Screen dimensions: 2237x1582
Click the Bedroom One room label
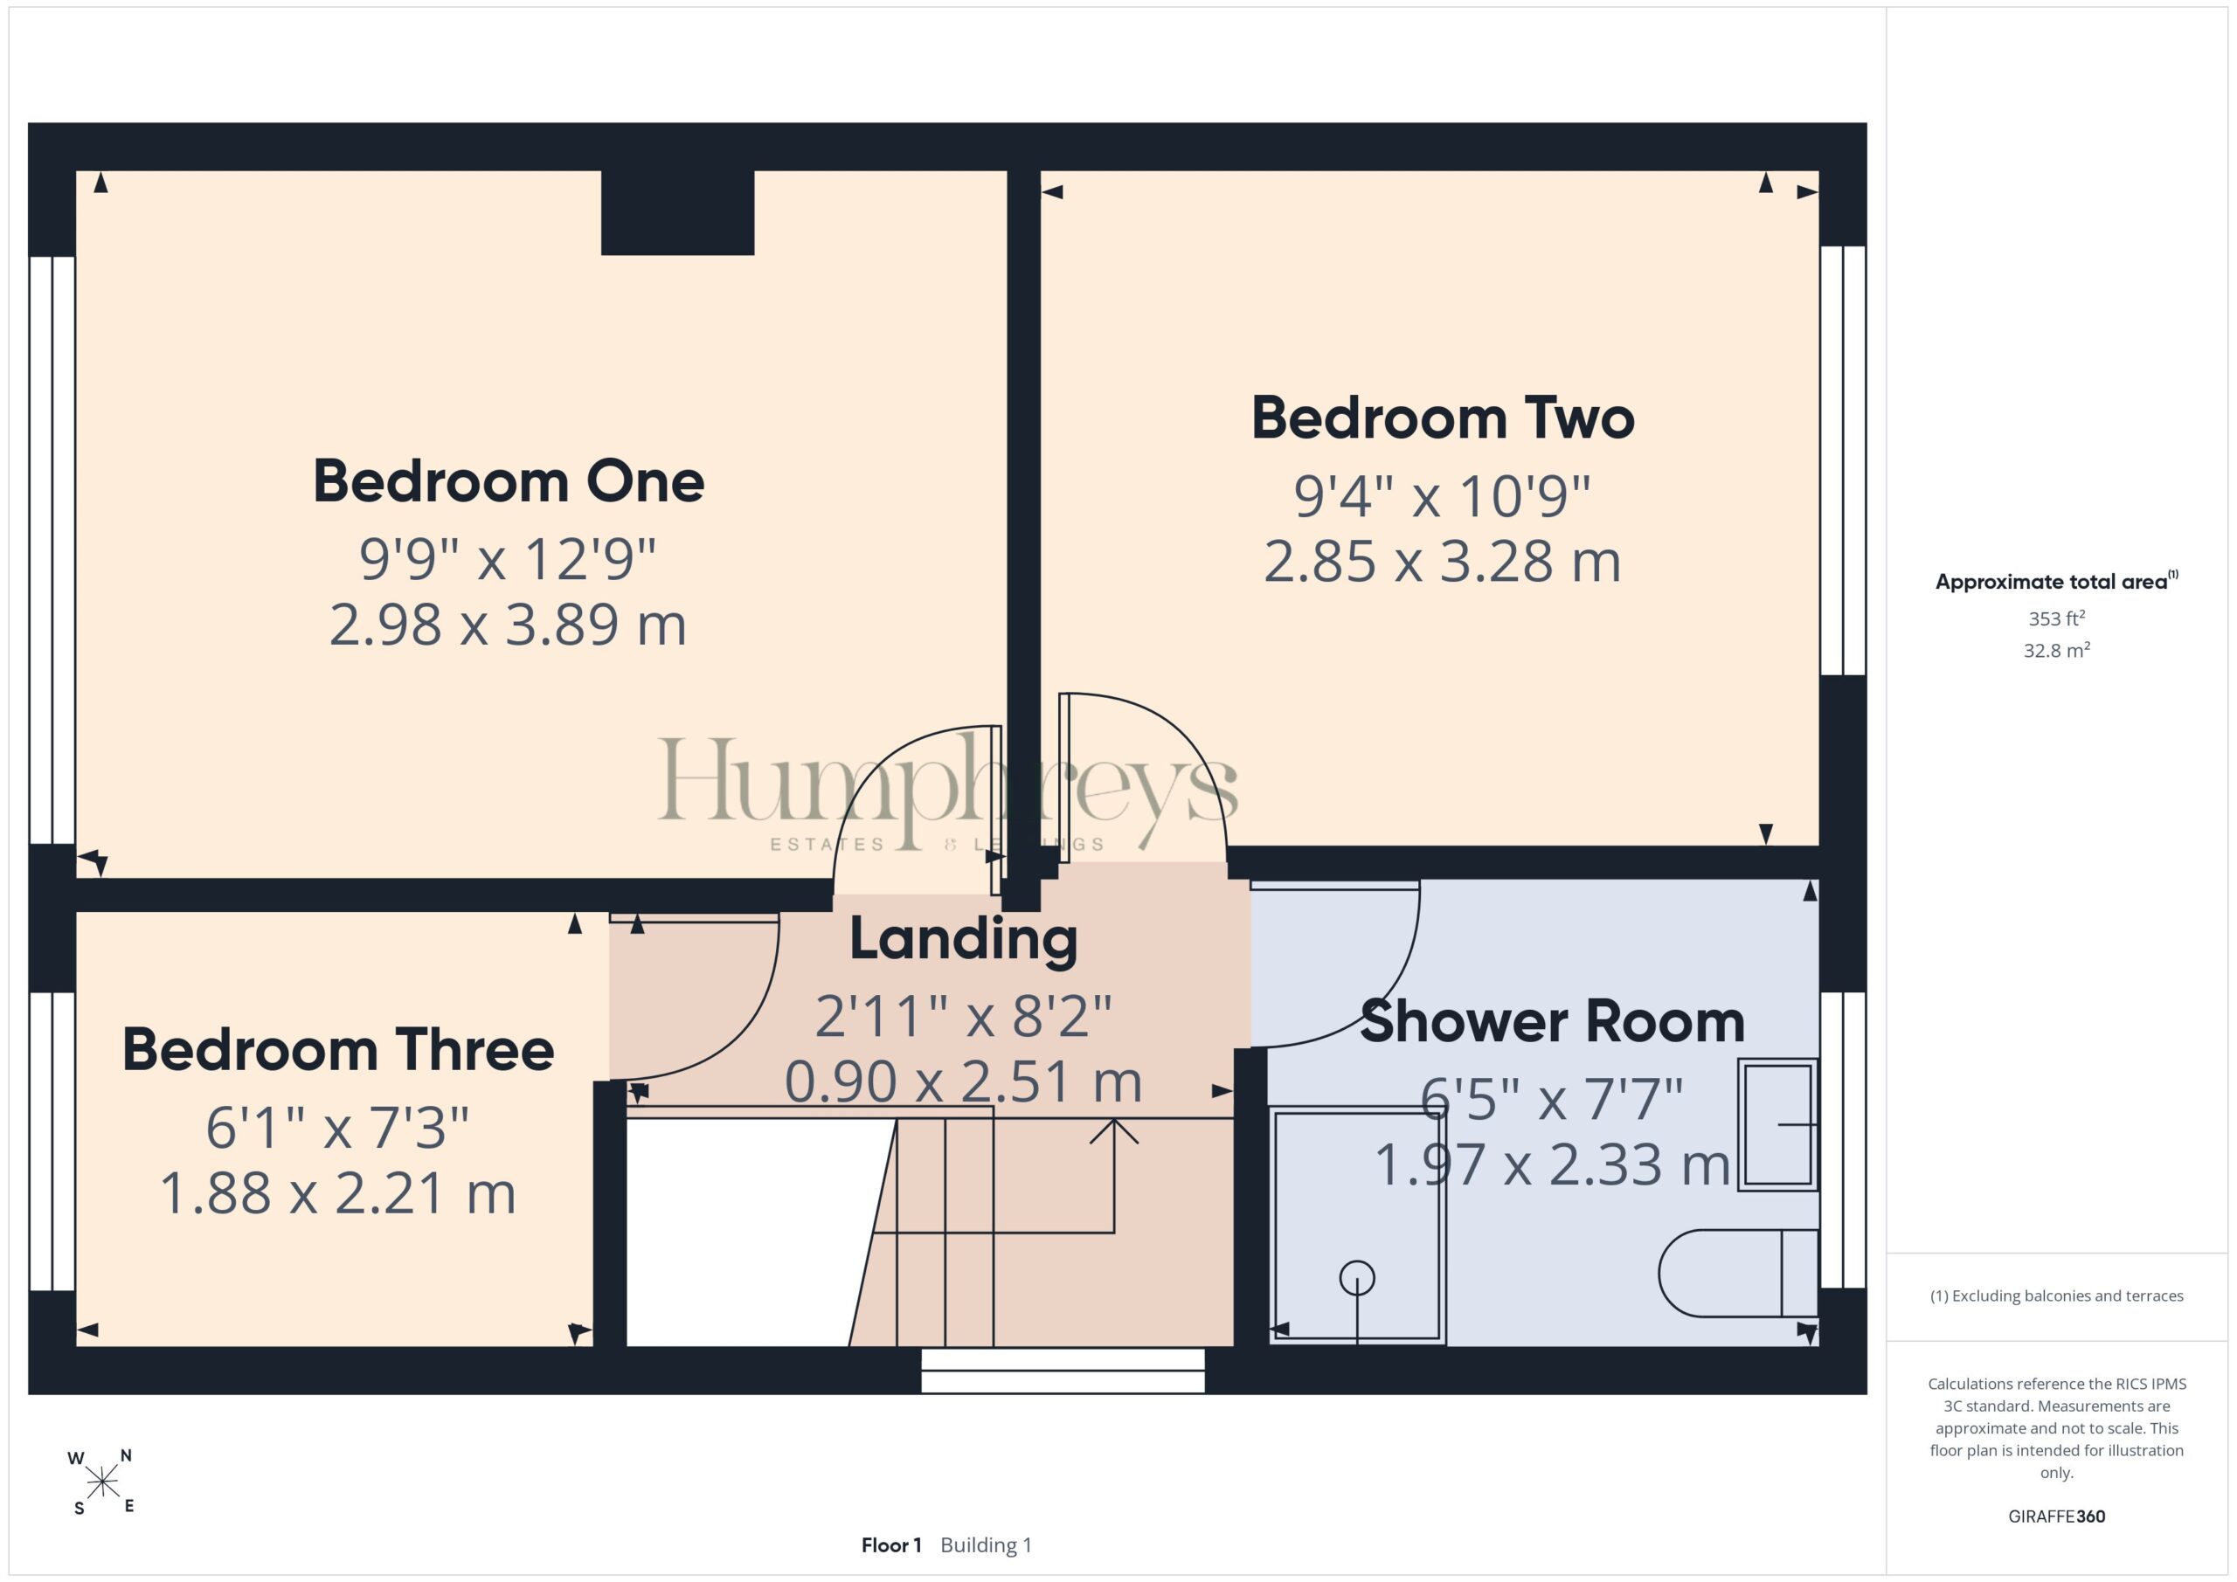509,481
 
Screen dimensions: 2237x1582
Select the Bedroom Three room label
338,1050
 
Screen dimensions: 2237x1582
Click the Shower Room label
1552,1022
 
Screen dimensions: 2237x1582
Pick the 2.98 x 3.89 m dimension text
508,625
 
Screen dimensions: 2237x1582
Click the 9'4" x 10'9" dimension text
1442,496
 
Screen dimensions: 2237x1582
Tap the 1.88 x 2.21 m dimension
337,1193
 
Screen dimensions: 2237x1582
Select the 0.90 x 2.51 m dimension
964,1082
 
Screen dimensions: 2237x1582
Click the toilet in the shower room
1738,1273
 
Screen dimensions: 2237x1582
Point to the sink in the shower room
1778,1124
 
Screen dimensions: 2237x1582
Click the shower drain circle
1357,1278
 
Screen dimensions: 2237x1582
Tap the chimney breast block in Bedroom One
677,212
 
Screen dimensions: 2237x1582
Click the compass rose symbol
101,1482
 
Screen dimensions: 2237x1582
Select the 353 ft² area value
2057,618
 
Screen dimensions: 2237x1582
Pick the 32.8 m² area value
2057,650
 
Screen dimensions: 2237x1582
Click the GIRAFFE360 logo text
2057,1516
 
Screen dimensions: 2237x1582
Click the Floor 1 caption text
891,1545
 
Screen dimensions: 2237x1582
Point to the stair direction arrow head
1113,1130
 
